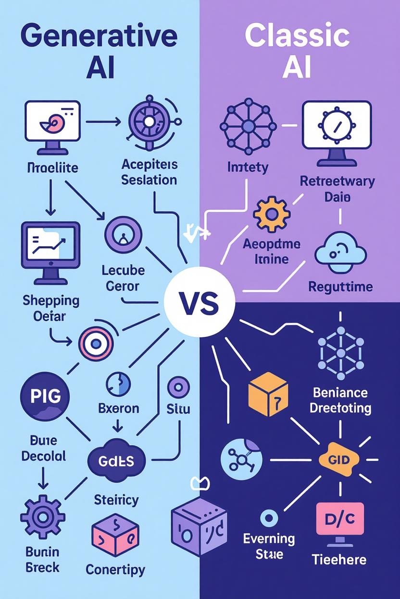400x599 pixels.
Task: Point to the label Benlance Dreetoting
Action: (x=340, y=400)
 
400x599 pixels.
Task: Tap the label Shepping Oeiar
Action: (x=51, y=309)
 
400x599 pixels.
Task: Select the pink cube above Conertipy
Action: (x=115, y=535)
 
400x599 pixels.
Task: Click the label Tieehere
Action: (x=339, y=559)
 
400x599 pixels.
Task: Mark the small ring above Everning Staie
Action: (x=269, y=518)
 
